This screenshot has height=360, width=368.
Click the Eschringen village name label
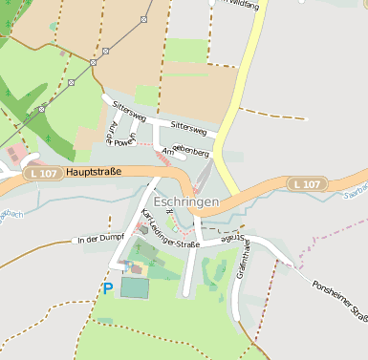(185, 203)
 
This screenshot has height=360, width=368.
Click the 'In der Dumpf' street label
(102, 240)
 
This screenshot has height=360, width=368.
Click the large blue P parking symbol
(108, 287)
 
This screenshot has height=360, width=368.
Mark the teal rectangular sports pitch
(135, 286)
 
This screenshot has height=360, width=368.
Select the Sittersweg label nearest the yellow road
(188, 127)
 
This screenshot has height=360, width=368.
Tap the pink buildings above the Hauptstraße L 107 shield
(17, 154)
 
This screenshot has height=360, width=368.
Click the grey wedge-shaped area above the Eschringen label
(204, 177)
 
